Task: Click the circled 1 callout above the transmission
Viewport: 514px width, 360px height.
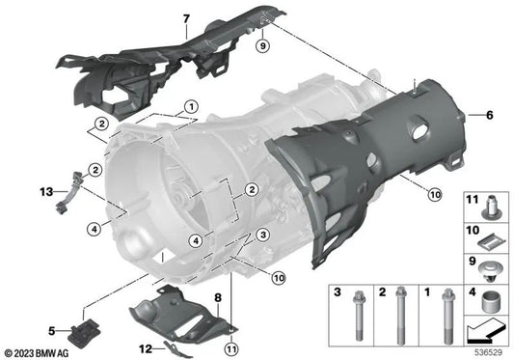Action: point(191,105)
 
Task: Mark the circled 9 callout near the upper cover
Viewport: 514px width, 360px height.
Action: point(262,44)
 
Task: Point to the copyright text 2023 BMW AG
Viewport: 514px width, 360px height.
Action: point(39,352)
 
